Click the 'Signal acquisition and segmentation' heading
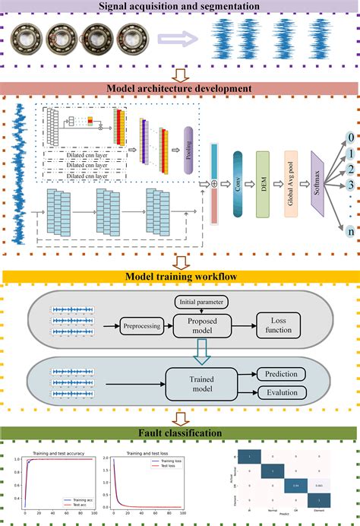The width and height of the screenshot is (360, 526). [180, 8]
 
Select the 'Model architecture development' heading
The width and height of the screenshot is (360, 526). [180, 88]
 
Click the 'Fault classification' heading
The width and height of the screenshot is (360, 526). [180, 433]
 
